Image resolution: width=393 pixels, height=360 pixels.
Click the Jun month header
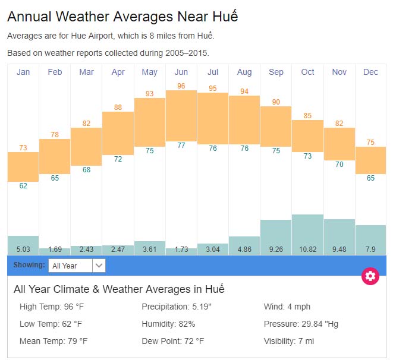pos(181,72)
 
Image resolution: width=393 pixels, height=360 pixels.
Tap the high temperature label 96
pos(181,86)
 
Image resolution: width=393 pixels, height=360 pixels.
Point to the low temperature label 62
pos(23,186)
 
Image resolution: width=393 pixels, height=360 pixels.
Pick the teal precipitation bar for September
pos(276,232)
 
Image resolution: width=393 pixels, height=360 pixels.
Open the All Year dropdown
pos(77,266)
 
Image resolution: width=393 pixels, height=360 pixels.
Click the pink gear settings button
pos(370,276)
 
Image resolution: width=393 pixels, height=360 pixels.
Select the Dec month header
pos(370,72)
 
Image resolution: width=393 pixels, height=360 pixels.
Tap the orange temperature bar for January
pos(23,166)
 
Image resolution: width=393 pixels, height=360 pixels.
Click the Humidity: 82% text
pos(168,324)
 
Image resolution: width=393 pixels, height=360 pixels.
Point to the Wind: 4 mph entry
pos(287,307)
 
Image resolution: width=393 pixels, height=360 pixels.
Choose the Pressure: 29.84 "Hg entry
pos(301,324)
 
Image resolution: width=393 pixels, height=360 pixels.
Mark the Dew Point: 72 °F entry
pos(173,342)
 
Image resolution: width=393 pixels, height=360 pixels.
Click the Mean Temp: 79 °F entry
pos(54,342)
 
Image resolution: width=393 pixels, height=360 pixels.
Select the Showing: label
pos(29,265)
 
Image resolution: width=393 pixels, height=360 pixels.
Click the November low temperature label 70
pos(339,165)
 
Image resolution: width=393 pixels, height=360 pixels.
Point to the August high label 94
pos(244,91)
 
